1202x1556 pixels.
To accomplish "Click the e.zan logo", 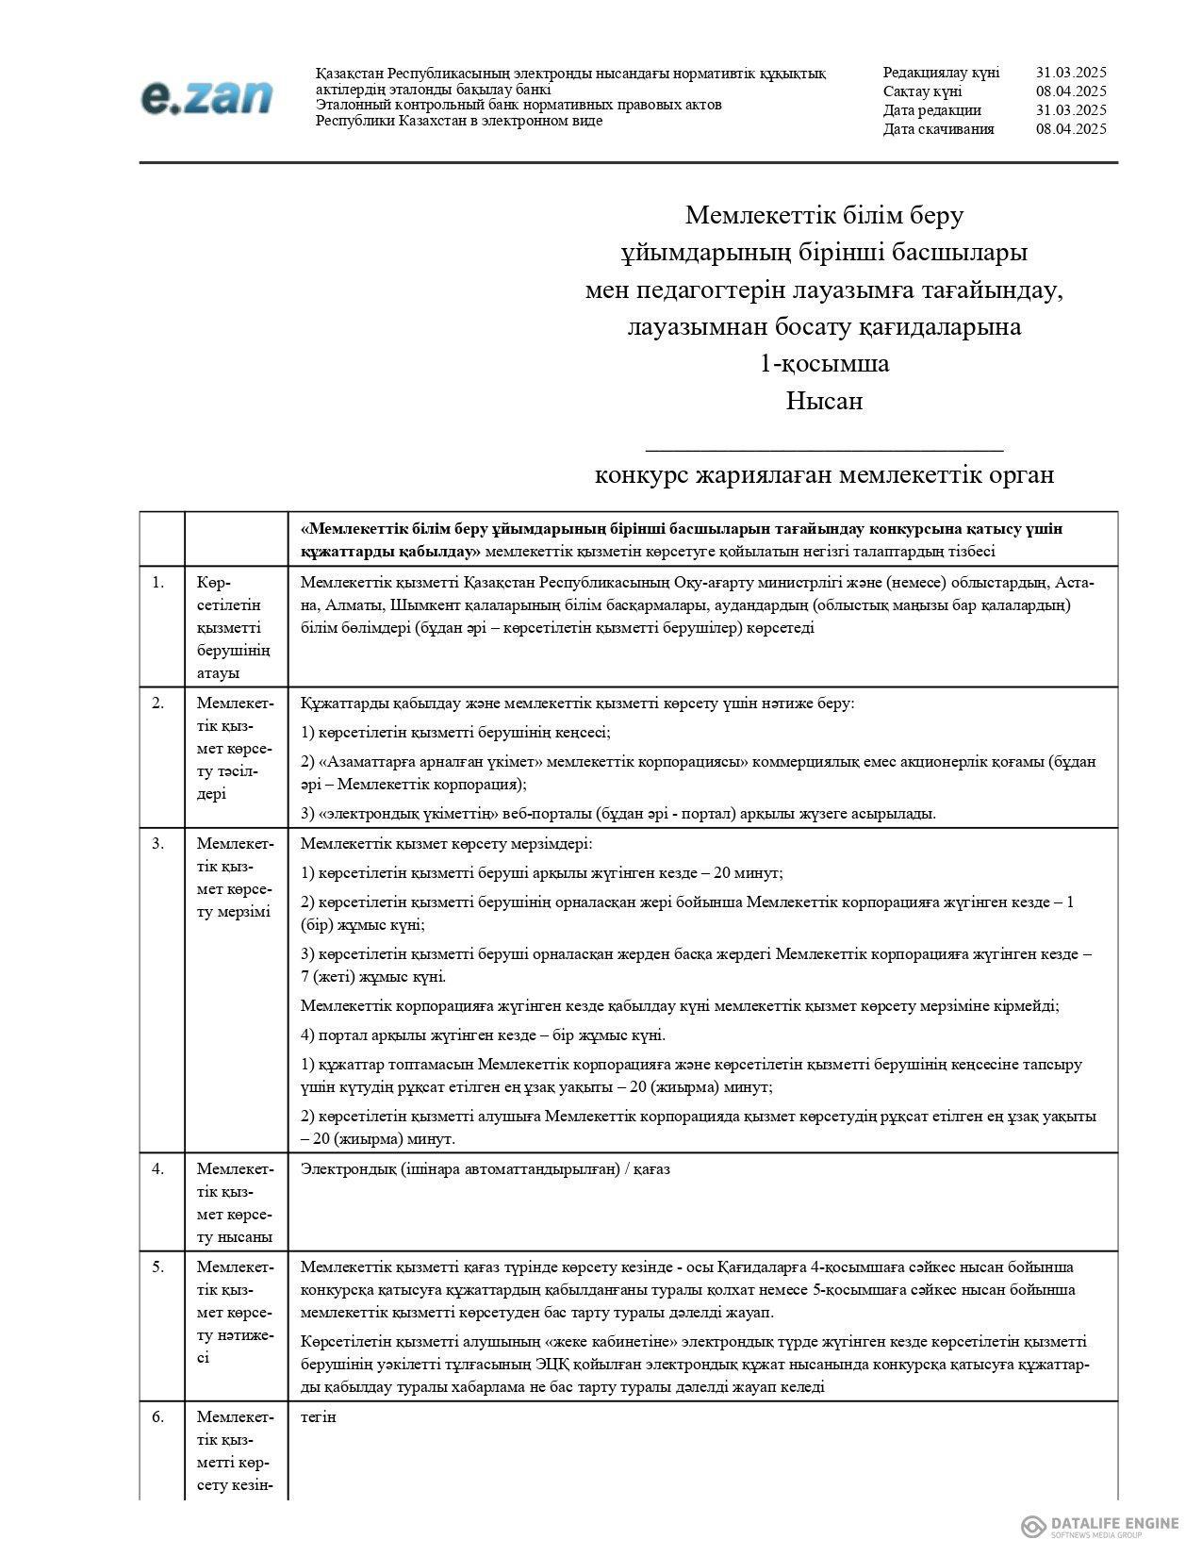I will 207,97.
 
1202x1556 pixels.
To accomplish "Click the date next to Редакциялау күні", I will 1070,73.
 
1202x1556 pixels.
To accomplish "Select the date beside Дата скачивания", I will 1070,129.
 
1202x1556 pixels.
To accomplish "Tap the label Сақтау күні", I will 922,91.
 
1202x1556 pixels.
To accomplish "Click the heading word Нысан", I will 824,401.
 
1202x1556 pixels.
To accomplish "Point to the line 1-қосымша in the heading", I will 824,363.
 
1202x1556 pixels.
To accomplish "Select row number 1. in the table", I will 158,582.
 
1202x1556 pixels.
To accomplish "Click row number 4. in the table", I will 158,1168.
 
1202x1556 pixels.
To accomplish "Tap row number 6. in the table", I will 158,1416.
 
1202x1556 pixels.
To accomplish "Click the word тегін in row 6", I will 318,1416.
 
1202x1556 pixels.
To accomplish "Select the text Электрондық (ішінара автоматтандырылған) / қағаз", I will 485,1169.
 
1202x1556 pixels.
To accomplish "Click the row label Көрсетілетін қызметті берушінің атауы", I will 234,627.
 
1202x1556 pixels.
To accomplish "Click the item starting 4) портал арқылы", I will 483,1035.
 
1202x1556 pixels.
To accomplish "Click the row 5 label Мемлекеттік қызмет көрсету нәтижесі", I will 236,1312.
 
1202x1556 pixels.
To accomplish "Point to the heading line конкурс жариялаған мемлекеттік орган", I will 824,474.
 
